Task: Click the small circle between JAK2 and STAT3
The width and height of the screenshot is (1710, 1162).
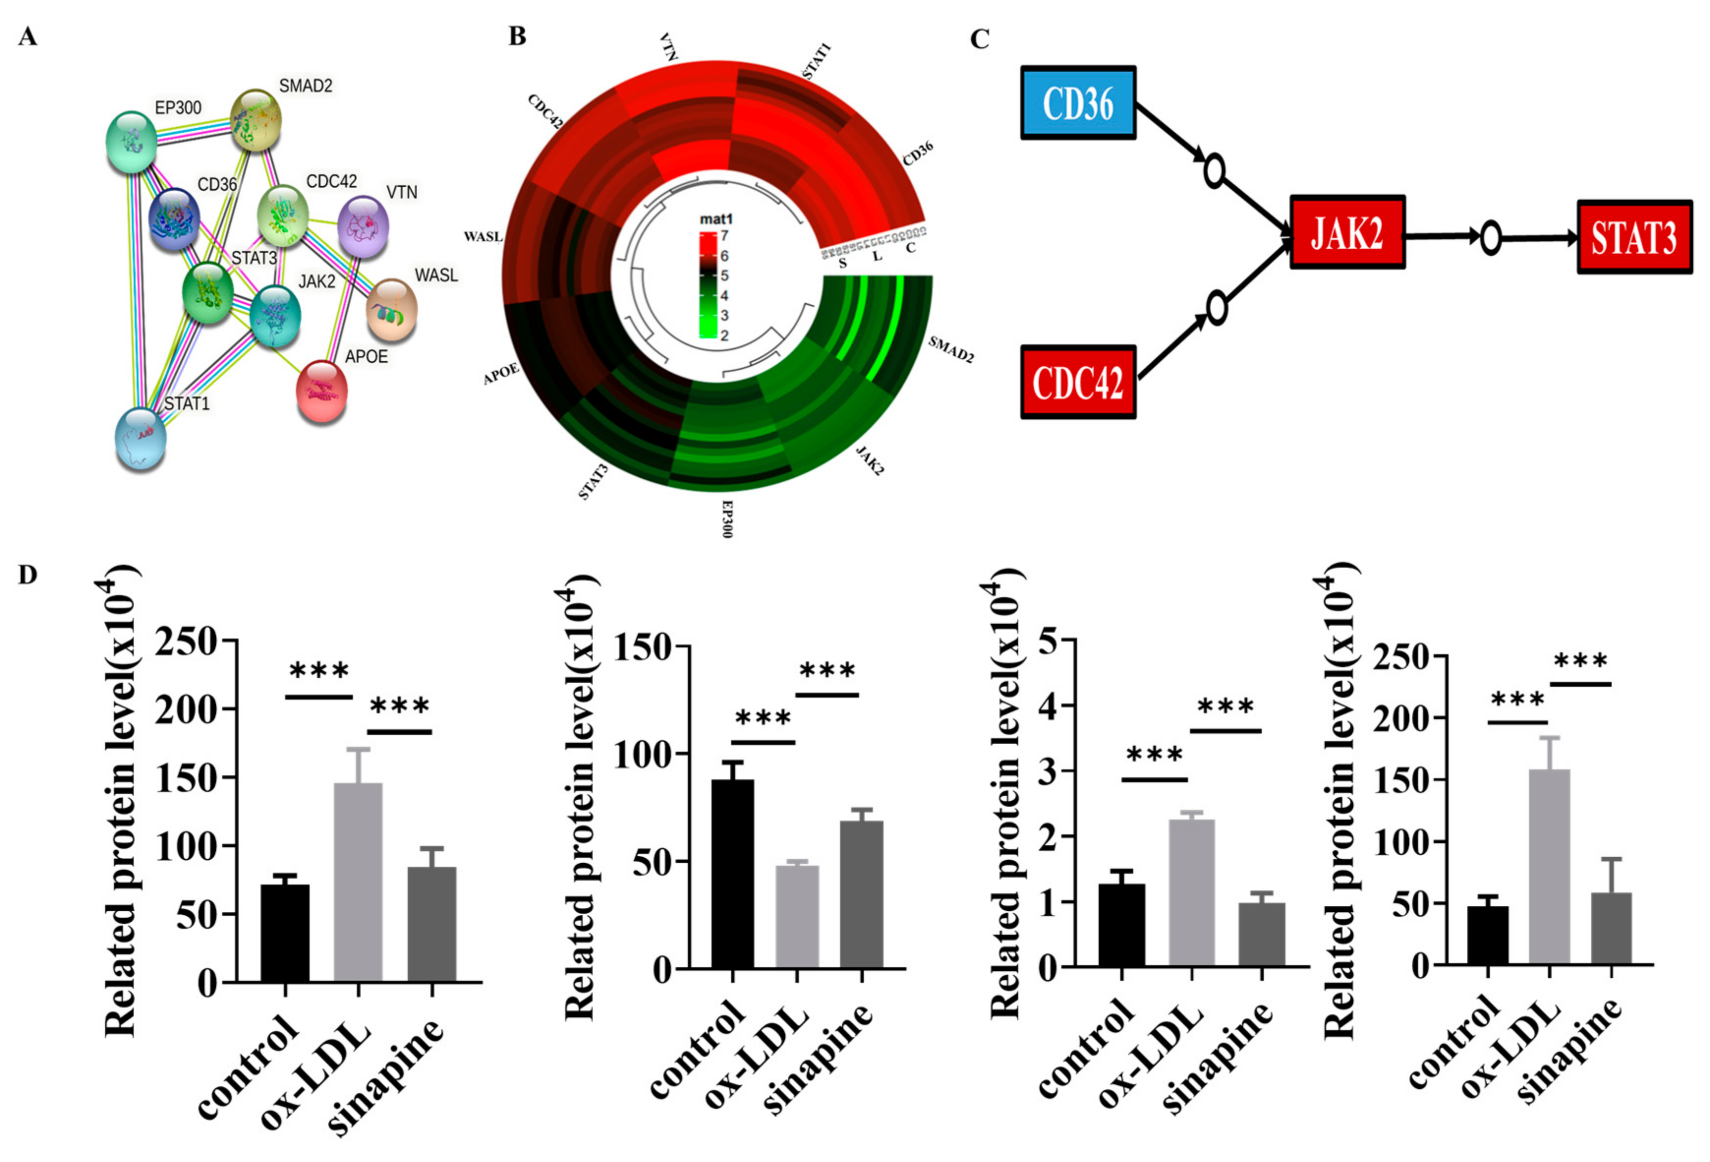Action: tap(1490, 238)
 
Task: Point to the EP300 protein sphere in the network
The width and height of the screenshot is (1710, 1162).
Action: tap(131, 141)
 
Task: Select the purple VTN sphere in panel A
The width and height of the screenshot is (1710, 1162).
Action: tap(363, 226)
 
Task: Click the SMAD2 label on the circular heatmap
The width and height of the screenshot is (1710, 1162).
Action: tap(951, 349)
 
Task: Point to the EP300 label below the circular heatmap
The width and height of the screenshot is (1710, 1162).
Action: tap(727, 519)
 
